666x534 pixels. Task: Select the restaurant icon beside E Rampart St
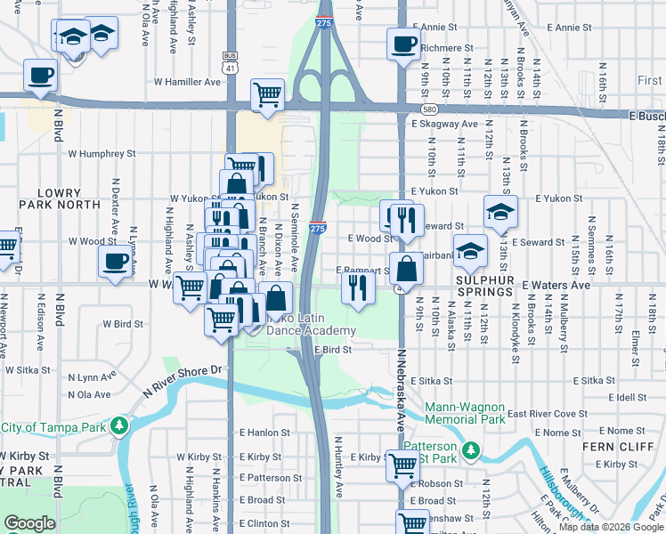tap(357, 287)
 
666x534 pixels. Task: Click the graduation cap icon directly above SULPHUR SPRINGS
tap(470, 251)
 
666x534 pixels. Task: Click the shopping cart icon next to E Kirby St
tap(402, 464)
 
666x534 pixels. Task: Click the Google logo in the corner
tap(29, 523)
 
